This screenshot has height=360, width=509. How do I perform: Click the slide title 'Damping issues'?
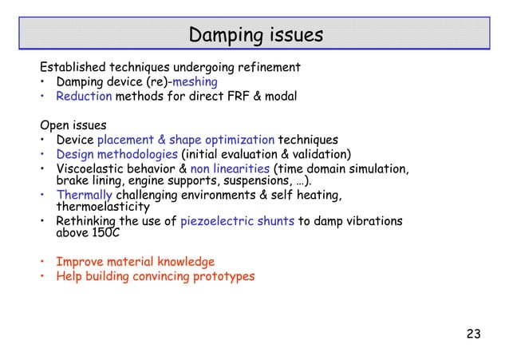coord(255,36)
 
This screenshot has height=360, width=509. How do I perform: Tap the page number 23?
coord(473,334)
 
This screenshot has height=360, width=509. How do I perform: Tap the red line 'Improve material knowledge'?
coord(135,262)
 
